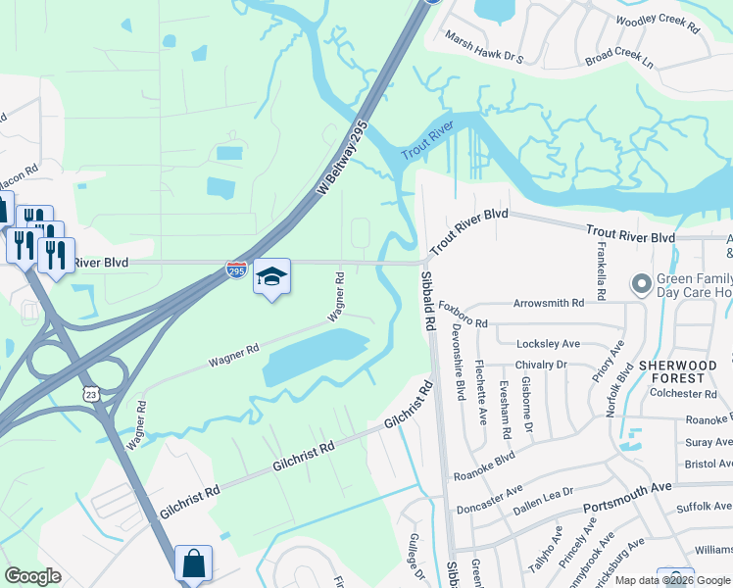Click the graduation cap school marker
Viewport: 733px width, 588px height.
pyautogui.click(x=272, y=277)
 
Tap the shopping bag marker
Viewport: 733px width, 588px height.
pyautogui.click(x=193, y=563)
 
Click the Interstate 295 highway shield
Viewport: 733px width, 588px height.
pyautogui.click(x=237, y=269)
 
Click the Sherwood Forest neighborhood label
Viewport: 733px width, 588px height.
pyautogui.click(x=671, y=370)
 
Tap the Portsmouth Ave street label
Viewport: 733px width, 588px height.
pyautogui.click(x=627, y=496)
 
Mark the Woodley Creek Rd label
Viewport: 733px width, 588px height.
pyautogui.click(x=658, y=24)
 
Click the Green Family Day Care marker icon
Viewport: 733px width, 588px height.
pyautogui.click(x=643, y=285)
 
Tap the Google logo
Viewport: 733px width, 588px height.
pyautogui.click(x=32, y=576)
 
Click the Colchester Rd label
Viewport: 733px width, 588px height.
pyautogui.click(x=683, y=394)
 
